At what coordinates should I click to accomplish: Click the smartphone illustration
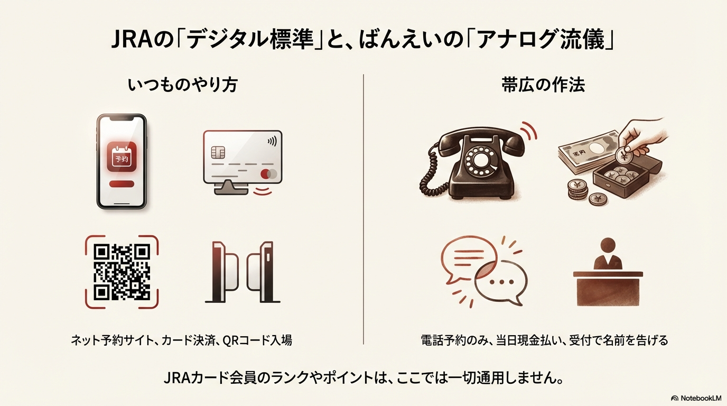pos(121,161)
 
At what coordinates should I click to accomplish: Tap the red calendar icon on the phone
pos(122,156)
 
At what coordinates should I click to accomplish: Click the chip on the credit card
pos(217,152)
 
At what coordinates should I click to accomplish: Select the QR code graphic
pos(122,272)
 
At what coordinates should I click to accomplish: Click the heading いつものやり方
pos(182,86)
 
